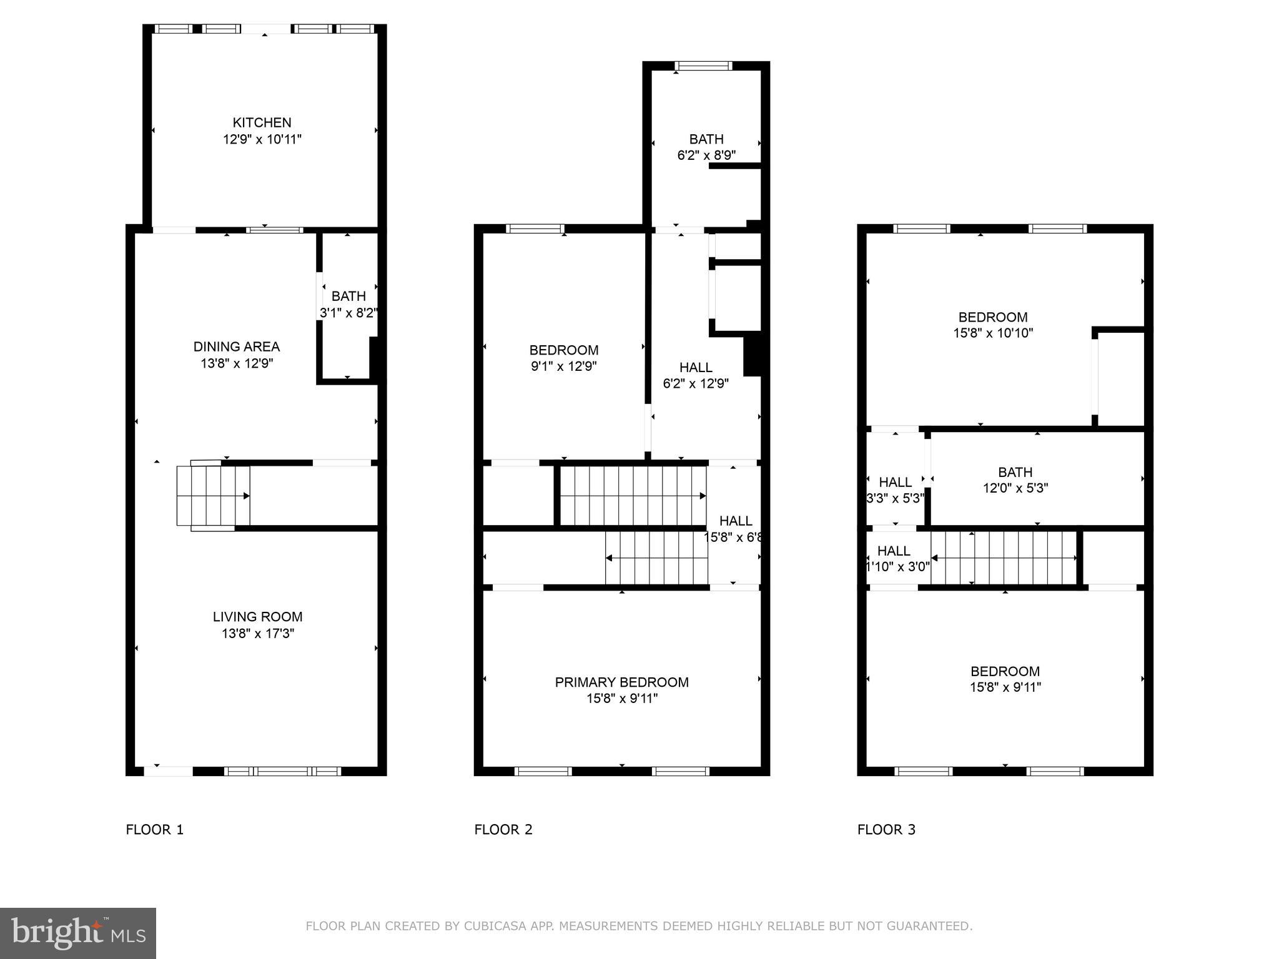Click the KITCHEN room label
pyautogui.click(x=262, y=122)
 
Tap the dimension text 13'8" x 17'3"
pyautogui.click(x=257, y=633)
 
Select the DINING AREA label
pyautogui.click(x=236, y=347)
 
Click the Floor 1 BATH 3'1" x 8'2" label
pyautogui.click(x=348, y=304)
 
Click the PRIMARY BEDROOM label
pyautogui.click(x=621, y=682)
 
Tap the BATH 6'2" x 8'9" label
pyautogui.click(x=706, y=147)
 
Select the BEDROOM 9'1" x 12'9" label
pyautogui.click(x=563, y=358)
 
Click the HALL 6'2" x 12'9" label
pyautogui.click(x=696, y=375)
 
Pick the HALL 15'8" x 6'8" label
pyautogui.click(x=735, y=528)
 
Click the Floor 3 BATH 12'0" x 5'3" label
pyautogui.click(x=1015, y=479)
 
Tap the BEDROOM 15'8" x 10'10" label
pyautogui.click(x=992, y=325)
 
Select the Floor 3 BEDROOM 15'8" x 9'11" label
pyautogui.click(x=1005, y=679)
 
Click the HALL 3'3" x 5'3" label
pyautogui.click(x=895, y=489)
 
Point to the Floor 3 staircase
pyautogui.click(x=1004, y=558)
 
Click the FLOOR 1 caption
pyautogui.click(x=154, y=829)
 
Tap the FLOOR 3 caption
pyautogui.click(x=886, y=829)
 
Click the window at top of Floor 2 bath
pyautogui.click(x=703, y=66)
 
